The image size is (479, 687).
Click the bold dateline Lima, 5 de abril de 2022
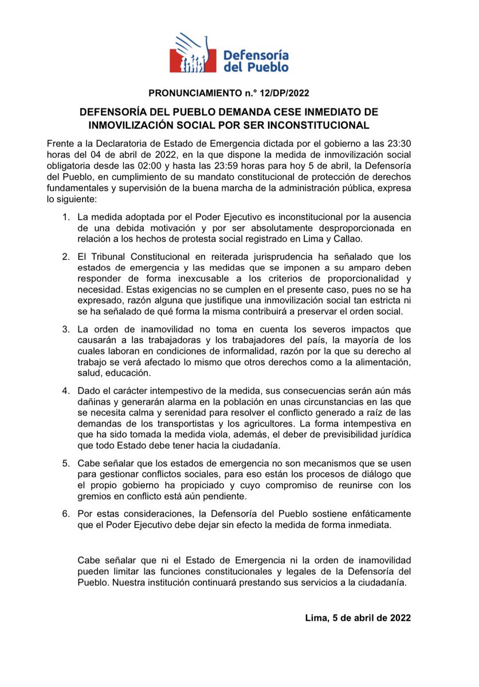point(359,618)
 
